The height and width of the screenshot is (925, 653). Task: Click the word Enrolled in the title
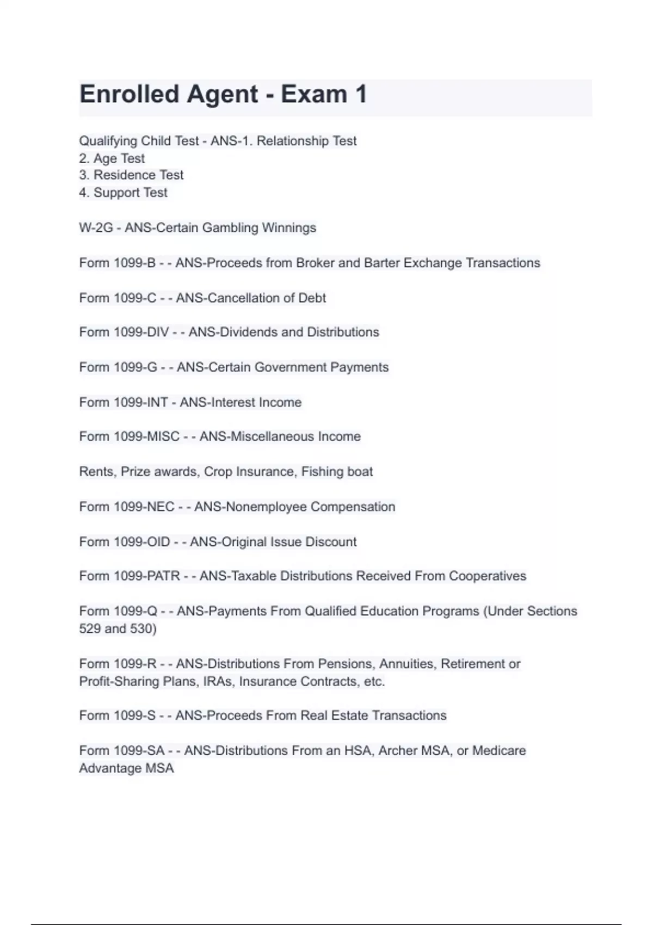(130, 94)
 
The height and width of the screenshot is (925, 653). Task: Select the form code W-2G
(96, 227)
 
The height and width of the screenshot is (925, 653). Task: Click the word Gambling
(228, 227)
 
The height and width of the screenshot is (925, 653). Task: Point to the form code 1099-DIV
(141, 332)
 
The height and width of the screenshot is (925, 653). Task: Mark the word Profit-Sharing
(119, 681)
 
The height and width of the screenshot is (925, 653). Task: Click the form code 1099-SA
(139, 750)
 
